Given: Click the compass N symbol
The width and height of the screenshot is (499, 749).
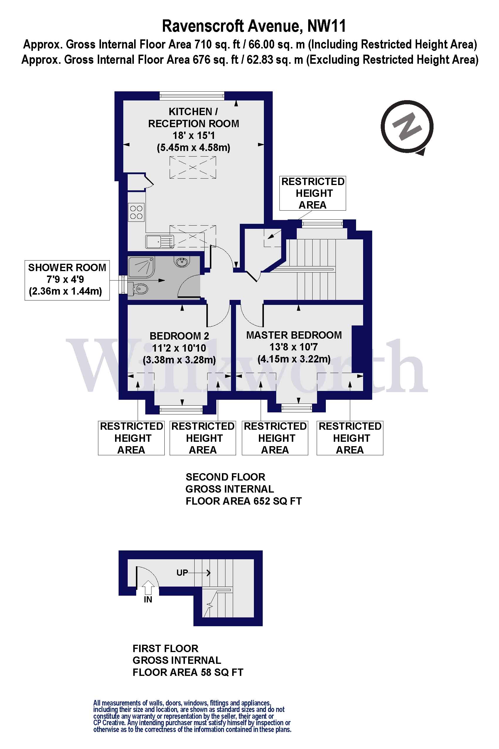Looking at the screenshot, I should tap(407, 126).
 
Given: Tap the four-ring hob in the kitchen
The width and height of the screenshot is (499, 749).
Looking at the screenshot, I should tap(136, 212).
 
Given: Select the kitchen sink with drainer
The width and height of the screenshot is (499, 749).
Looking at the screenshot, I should tap(160, 241).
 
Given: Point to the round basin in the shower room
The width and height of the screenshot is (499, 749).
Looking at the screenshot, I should tap(182, 262).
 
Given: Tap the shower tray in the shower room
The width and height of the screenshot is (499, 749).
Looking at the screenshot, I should tap(141, 266).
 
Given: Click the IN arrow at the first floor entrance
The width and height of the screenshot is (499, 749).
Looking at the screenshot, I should tap(148, 587).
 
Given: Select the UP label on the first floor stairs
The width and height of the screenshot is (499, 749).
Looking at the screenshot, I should tap(182, 573).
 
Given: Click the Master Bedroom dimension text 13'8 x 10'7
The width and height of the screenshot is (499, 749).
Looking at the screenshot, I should tap(294, 347).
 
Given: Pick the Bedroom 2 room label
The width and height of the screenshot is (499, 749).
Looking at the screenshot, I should tap(179, 336).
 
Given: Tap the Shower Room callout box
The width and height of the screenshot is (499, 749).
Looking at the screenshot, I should tap(67, 280).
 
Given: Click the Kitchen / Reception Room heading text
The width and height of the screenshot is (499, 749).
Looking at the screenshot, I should tap(193, 117).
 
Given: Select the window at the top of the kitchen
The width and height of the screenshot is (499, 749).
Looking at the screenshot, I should tap(192, 95).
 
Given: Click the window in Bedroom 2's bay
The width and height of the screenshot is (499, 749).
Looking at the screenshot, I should tap(181, 410).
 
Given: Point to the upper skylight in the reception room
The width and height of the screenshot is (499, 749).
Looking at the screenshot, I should tap(193, 167).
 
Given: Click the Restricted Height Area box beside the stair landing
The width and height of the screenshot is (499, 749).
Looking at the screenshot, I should tap(313, 193).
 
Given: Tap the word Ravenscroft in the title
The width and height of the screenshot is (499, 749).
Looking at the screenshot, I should tap(203, 26).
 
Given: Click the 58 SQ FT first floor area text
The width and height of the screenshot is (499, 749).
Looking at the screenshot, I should tap(222, 672).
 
